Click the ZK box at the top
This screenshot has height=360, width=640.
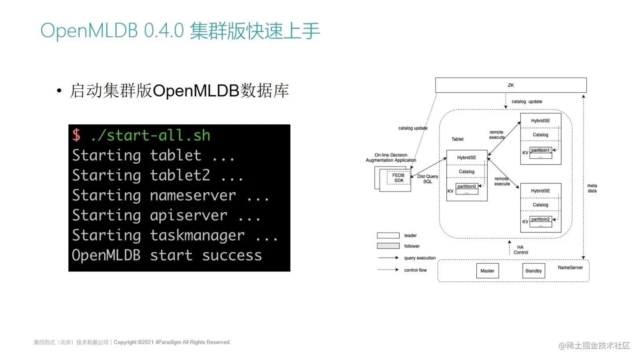511,85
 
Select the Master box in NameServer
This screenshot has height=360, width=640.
487,271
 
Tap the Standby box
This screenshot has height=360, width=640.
533,271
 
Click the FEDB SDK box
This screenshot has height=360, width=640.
398,178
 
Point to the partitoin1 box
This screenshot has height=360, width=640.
541,150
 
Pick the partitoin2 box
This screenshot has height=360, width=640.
541,219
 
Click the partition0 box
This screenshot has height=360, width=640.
467,187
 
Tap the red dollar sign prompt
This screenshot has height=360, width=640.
76,135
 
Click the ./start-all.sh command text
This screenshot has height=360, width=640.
150,135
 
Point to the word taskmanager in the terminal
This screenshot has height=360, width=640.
197,235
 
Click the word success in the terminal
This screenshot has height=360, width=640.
232,255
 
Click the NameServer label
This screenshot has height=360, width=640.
570,268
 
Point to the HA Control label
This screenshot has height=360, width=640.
520,250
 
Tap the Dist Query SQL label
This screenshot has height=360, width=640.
428,179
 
